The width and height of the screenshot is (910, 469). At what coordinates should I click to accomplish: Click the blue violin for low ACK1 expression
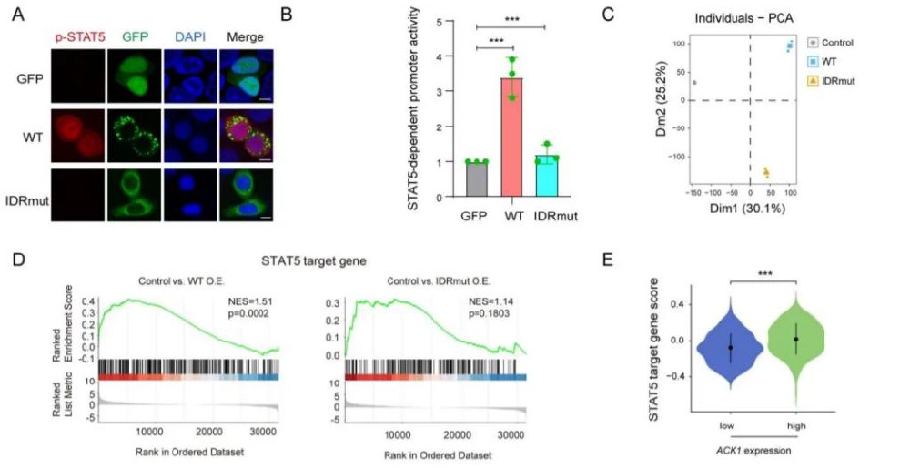pyautogui.click(x=730, y=346)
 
